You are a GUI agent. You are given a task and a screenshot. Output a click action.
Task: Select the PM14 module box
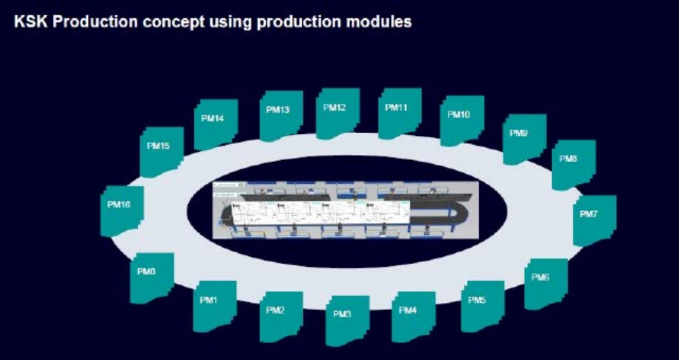[x=216, y=124]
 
